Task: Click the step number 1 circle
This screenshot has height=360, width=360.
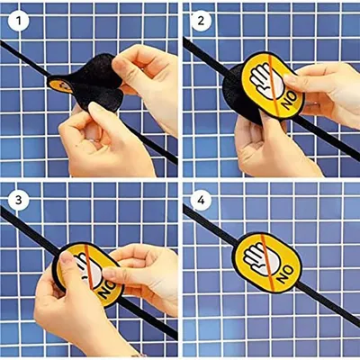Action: tap(19, 21)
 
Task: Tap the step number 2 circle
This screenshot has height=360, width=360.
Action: tap(201, 21)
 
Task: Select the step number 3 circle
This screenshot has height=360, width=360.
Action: tap(19, 200)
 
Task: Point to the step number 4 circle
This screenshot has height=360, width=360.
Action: tap(201, 200)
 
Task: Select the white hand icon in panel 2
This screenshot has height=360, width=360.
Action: tap(265, 78)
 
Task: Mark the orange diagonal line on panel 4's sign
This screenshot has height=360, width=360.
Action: tap(271, 264)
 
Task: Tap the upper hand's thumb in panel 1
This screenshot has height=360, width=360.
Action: tap(123, 68)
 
